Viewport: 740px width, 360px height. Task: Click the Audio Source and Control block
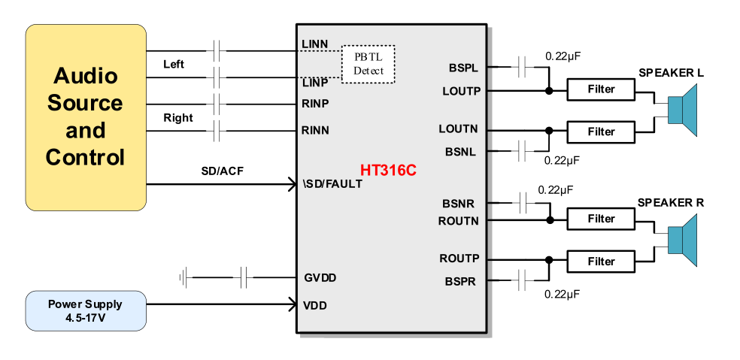click(85, 117)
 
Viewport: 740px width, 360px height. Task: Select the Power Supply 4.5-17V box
click(85, 310)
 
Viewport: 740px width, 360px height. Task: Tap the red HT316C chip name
click(388, 171)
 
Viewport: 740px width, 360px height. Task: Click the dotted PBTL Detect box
click(368, 64)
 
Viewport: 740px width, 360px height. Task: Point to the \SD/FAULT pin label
click(332, 183)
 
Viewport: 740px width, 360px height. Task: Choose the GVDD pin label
click(320, 278)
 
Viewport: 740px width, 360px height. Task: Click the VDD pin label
click(316, 306)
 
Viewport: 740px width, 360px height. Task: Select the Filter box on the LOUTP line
click(601, 89)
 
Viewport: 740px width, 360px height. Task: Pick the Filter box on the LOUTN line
click(601, 132)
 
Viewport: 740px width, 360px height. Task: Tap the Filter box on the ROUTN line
click(601, 219)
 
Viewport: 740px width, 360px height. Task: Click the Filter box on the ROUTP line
click(601, 262)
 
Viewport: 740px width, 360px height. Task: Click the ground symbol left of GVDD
click(182, 279)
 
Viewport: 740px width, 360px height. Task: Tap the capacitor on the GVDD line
click(243, 279)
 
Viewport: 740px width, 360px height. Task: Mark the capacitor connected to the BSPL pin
click(523, 68)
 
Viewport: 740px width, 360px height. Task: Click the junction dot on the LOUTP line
click(549, 91)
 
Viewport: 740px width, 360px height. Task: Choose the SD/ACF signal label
click(222, 171)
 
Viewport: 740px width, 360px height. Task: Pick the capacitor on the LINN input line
click(217, 51)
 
